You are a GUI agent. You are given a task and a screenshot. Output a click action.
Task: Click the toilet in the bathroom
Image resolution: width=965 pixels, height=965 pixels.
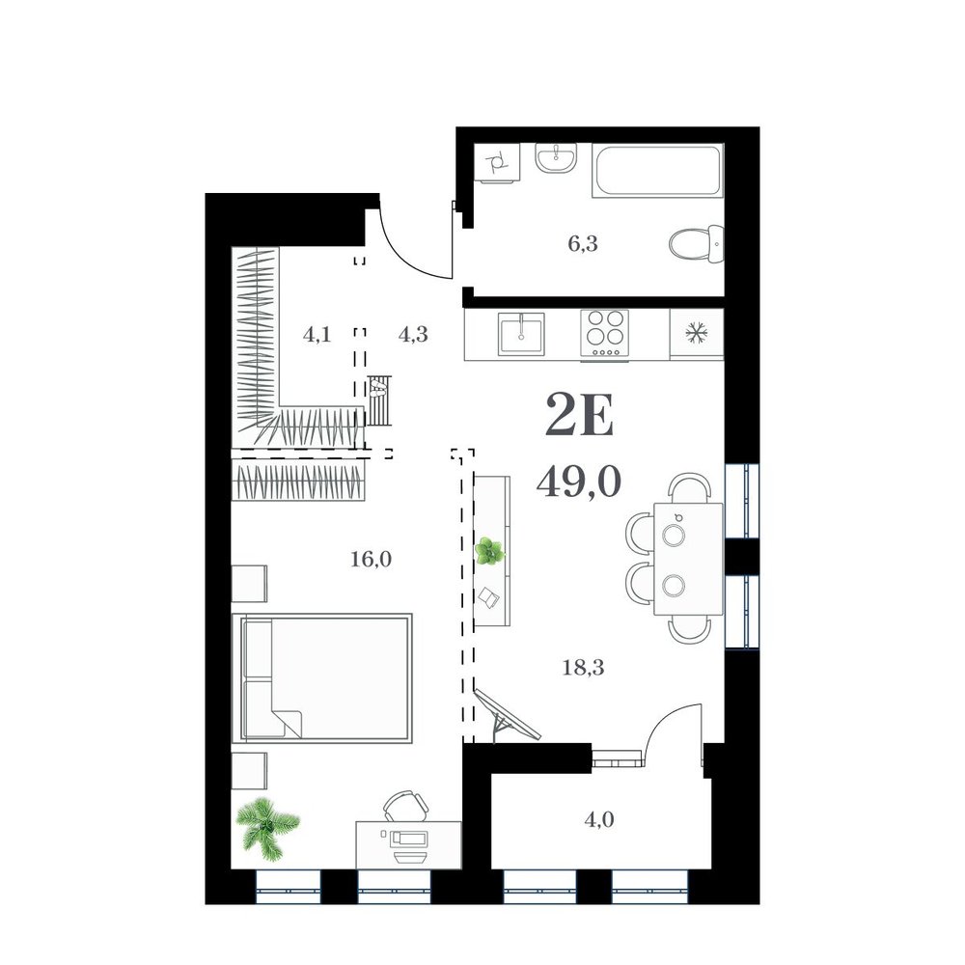click(x=696, y=245)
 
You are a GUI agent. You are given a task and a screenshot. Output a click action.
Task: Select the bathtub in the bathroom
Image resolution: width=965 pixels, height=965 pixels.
click(x=657, y=171)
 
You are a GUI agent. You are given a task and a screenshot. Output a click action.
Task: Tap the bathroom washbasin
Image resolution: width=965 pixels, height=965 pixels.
click(x=556, y=159)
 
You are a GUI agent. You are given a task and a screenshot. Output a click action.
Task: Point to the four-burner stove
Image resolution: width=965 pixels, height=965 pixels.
click(x=604, y=333)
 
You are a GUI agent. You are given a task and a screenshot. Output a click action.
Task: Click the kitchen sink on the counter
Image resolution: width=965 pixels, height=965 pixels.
click(x=521, y=334)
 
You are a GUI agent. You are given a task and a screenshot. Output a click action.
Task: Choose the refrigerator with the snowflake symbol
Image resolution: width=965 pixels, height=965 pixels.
click(x=697, y=334)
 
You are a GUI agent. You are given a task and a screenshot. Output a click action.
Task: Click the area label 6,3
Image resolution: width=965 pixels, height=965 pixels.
click(x=583, y=244)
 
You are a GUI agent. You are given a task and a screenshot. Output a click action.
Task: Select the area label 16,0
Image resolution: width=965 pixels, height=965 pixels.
click(x=372, y=559)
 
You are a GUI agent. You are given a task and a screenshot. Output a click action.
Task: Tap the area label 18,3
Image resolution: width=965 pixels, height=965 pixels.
click(x=583, y=667)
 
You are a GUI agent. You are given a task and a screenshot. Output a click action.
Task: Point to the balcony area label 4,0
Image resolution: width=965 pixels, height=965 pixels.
click(x=599, y=819)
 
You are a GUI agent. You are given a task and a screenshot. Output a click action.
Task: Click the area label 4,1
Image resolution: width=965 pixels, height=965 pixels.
click(x=317, y=334)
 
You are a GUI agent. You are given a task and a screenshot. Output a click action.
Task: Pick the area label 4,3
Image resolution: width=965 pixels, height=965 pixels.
click(x=413, y=334)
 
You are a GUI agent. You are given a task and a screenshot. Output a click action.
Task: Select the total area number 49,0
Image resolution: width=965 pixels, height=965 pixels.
click(x=578, y=482)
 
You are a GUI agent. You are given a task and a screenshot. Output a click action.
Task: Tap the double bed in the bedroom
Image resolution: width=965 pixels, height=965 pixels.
click(x=322, y=677)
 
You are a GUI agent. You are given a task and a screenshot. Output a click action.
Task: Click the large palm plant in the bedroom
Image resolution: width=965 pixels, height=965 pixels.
click(x=267, y=828)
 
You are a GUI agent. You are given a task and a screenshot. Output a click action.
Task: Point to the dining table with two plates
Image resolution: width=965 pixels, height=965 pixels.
click(x=688, y=558)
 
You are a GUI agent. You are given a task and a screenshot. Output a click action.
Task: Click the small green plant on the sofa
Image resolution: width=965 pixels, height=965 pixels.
click(x=490, y=551)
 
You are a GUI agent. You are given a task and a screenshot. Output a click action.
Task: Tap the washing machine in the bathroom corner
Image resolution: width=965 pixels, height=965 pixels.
click(x=497, y=162)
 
